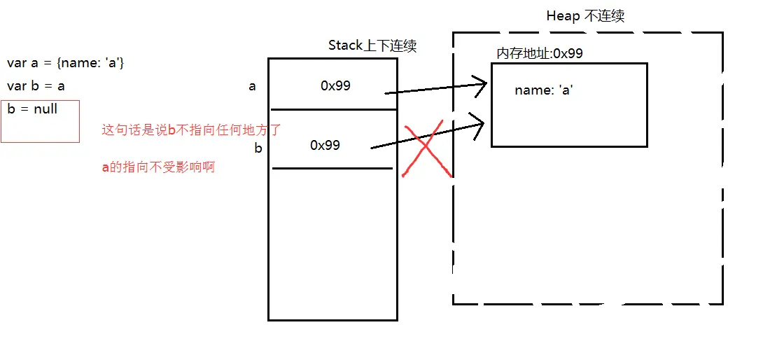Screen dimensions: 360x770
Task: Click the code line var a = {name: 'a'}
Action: [65, 64]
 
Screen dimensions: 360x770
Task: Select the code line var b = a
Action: [36, 87]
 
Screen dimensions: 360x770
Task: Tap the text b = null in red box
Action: [32, 109]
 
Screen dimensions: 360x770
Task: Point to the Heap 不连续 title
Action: [584, 17]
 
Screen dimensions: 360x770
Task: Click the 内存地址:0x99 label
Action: [540, 53]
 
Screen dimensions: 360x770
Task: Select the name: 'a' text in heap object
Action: [544, 90]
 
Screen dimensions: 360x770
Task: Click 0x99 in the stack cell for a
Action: [335, 86]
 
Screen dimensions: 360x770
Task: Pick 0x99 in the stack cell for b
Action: [325, 145]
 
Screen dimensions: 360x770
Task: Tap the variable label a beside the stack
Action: [252, 87]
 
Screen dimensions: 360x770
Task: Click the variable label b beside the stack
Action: [258, 148]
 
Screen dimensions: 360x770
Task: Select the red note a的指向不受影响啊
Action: [158, 168]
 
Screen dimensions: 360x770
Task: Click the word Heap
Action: [562, 17]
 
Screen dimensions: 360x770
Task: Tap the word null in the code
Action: [45, 109]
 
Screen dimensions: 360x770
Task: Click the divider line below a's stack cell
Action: [332, 109]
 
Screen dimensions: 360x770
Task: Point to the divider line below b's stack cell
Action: [332, 168]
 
